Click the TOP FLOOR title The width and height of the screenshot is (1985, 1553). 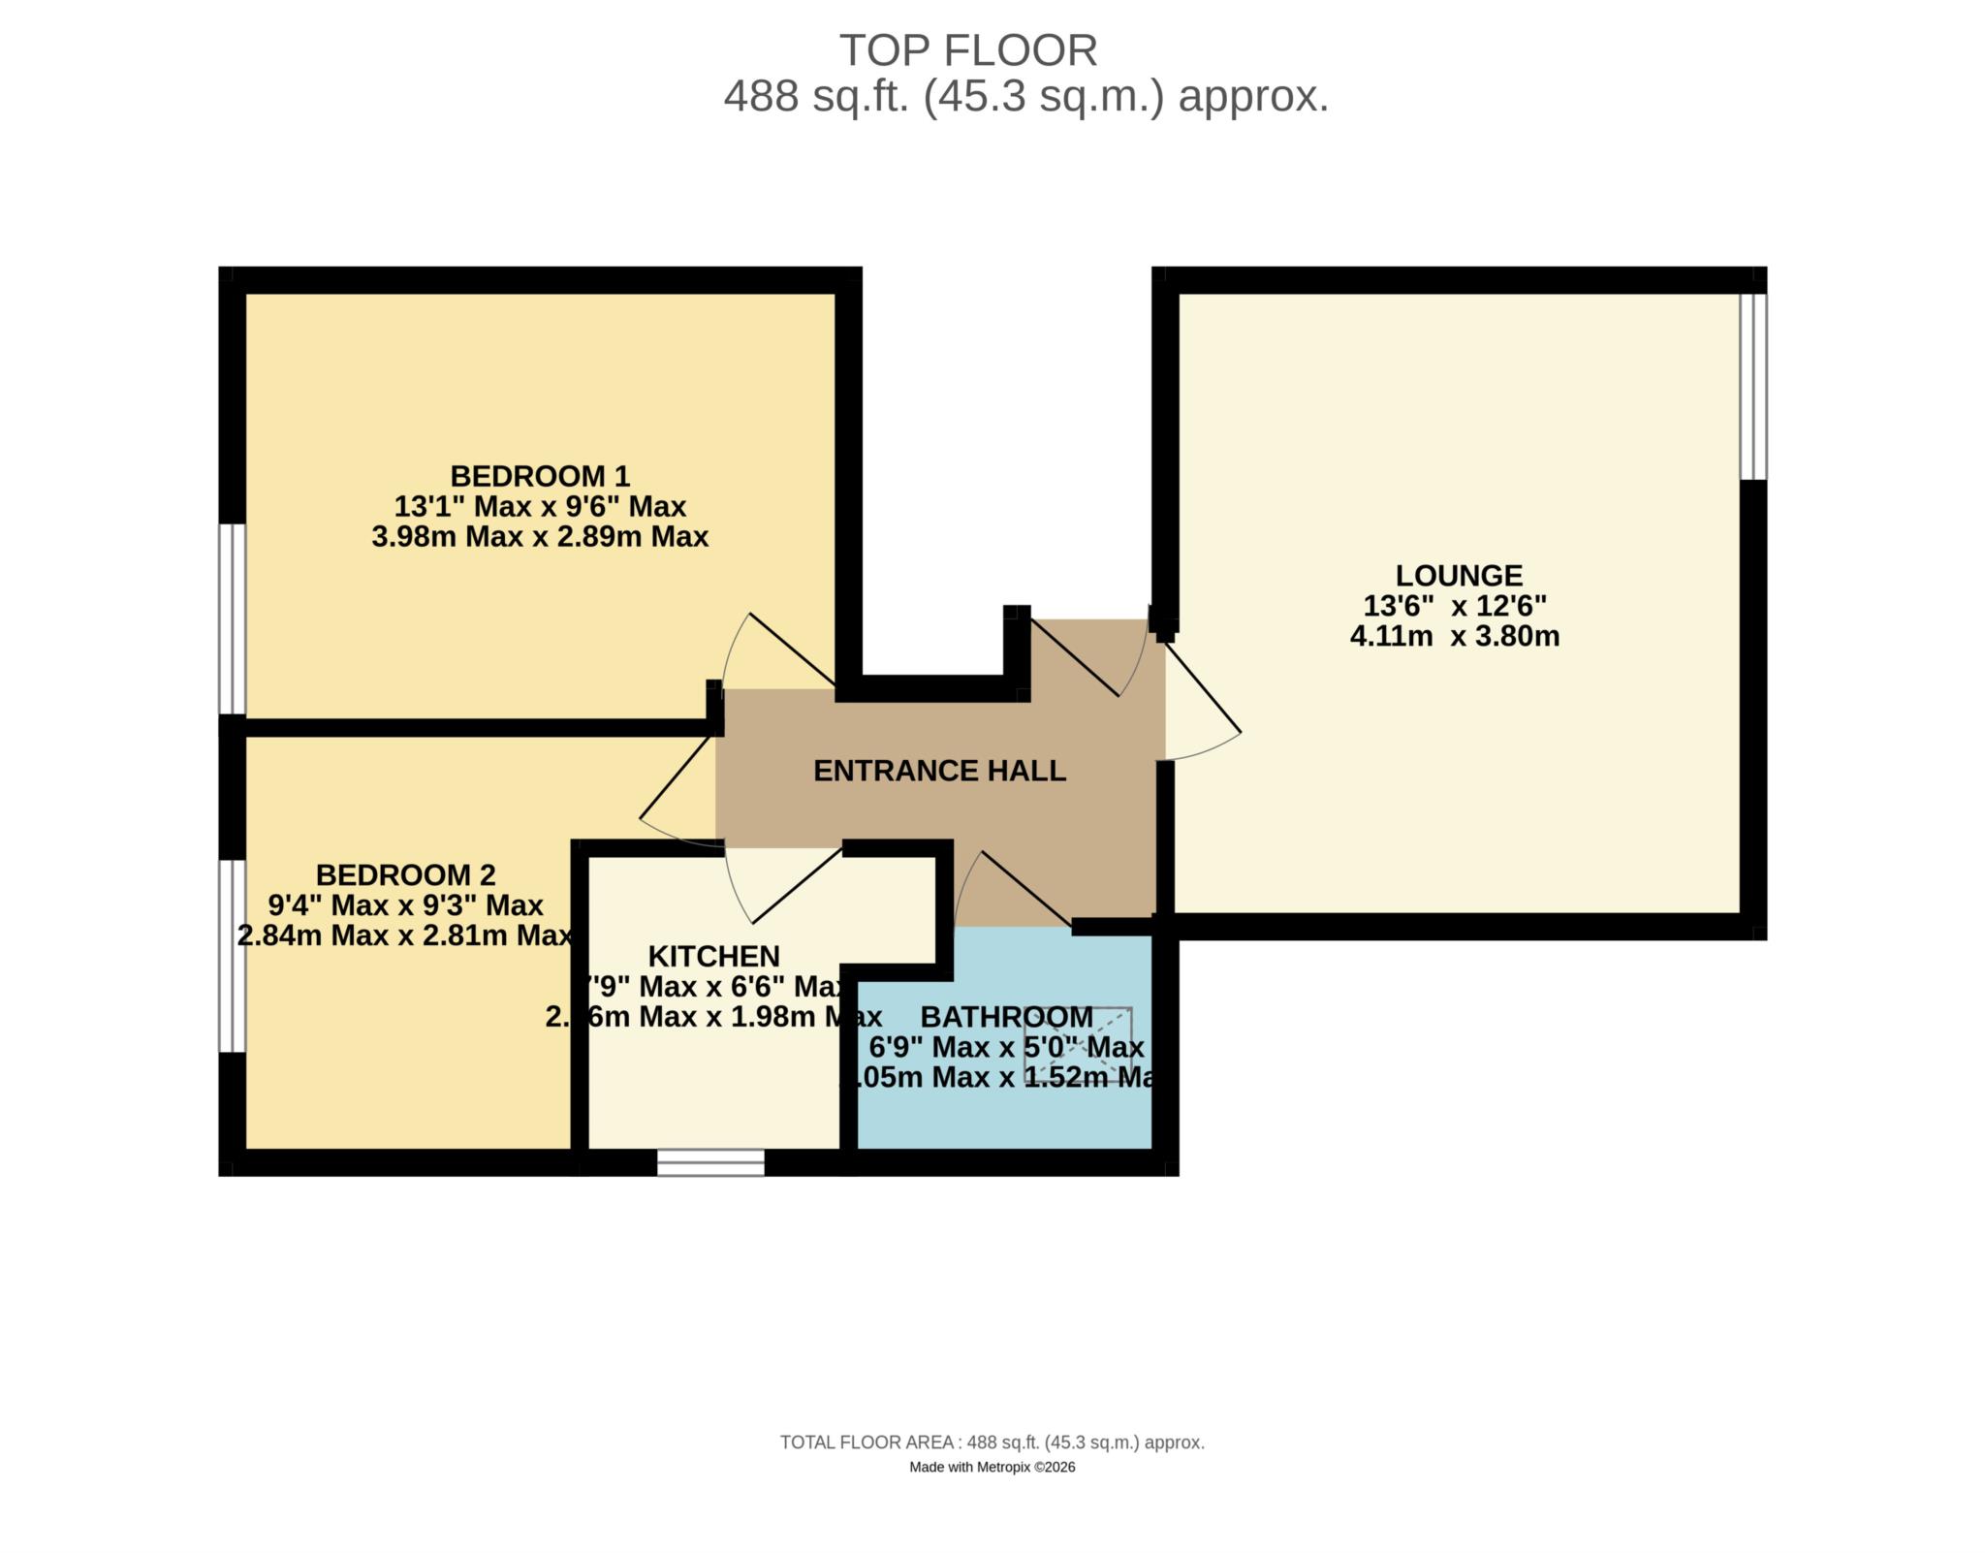click(x=967, y=50)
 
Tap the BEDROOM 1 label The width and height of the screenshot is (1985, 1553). click(x=540, y=476)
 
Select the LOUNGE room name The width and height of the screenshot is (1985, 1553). click(x=1458, y=575)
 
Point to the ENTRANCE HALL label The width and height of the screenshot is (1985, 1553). click(x=939, y=771)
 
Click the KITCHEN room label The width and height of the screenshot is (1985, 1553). click(x=713, y=956)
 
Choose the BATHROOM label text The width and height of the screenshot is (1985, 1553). click(x=1006, y=1017)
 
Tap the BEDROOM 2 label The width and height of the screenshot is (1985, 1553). click(x=405, y=874)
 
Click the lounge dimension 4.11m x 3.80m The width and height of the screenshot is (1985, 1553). click(x=1454, y=637)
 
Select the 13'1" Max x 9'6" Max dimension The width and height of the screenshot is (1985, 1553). click(x=540, y=506)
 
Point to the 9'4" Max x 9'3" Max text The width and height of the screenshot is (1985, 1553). click(x=405, y=905)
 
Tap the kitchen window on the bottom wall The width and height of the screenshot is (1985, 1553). click(x=710, y=1162)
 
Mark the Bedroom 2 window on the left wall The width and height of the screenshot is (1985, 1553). click(x=232, y=955)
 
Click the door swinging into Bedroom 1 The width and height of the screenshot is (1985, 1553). click(x=791, y=650)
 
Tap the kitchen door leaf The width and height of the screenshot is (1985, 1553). click(x=797, y=886)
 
